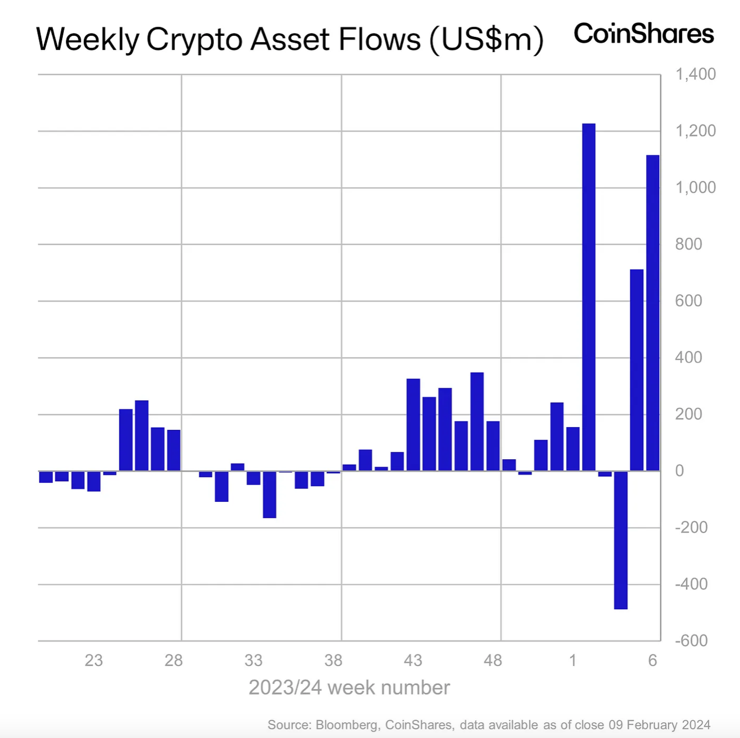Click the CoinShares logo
pyautogui.click(x=644, y=34)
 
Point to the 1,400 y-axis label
pyautogui.click(x=695, y=74)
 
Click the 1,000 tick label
pyautogui.click(x=695, y=187)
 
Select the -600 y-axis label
pyautogui.click(x=691, y=641)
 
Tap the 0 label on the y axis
pyautogui.click(x=679, y=471)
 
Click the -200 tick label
pyautogui.click(x=691, y=527)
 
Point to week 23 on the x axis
pyautogui.click(x=94, y=661)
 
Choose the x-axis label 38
pyautogui.click(x=333, y=661)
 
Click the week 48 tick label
pyautogui.click(x=493, y=661)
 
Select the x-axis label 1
pyautogui.click(x=573, y=661)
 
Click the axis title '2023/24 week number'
pyautogui.click(x=349, y=688)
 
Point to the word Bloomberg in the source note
pyautogui.click(x=346, y=725)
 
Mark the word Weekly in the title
pyautogui.click(x=87, y=40)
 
